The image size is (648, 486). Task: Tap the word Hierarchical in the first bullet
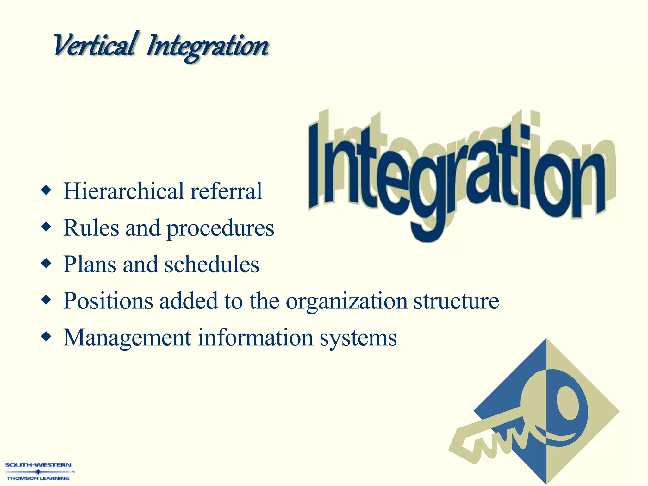pos(123,191)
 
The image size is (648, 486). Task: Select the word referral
pos(226,191)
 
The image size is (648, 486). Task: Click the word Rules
pos(91,228)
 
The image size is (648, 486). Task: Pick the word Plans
pos(90,265)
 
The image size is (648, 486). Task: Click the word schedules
pos(212,265)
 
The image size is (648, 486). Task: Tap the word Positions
pos(108,301)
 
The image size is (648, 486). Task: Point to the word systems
pos(358,339)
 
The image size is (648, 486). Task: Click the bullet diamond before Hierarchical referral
pos(46,190)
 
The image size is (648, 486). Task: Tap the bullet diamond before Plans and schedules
pos(46,263)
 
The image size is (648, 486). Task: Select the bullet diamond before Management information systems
pos(46,337)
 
